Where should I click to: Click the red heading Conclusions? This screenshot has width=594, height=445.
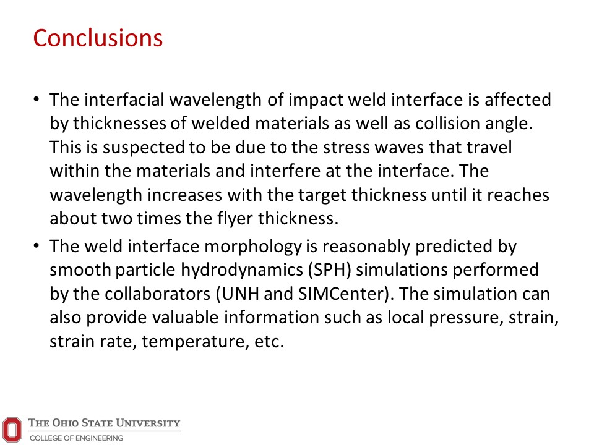[x=98, y=38]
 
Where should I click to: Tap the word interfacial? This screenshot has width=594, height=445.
[x=124, y=100]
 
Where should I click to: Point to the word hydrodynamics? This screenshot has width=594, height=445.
[x=242, y=270]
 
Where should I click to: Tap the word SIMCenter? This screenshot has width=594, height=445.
[x=341, y=294]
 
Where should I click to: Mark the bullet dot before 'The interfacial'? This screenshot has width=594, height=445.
[x=37, y=100]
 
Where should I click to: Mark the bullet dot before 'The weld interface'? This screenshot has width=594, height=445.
[x=37, y=246]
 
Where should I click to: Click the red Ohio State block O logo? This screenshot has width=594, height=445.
[x=12, y=430]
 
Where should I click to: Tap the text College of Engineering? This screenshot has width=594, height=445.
[x=77, y=438]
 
